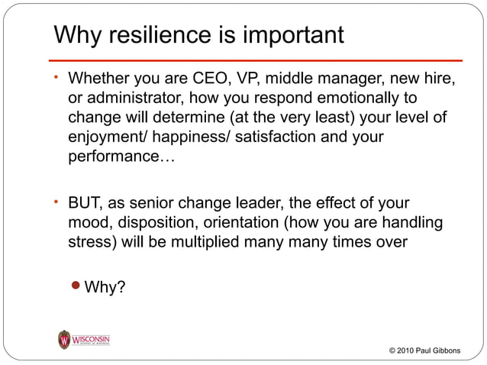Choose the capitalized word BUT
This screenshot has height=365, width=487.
point(85,204)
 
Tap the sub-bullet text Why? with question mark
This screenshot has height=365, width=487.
point(105,288)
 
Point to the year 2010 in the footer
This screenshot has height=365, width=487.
point(407,350)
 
